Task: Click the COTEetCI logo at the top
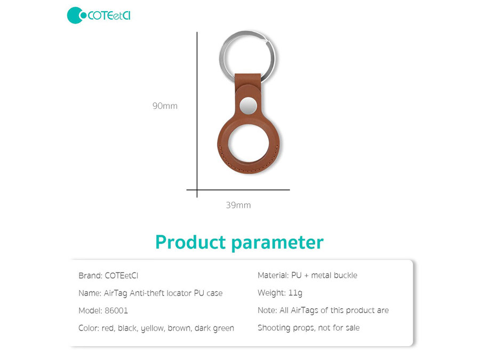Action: pos(99,15)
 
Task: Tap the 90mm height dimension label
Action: pos(165,106)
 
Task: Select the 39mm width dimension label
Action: pos(238,205)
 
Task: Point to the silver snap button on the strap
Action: pos(248,106)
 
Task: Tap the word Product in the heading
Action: pos(190,243)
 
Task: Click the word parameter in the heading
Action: pos(277,243)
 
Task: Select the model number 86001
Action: pos(116,311)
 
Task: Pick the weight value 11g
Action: pos(295,293)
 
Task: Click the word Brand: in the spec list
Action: pos(90,276)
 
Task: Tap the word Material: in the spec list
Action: pos(273,275)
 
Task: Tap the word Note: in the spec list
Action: pos(267,310)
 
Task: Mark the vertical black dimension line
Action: pos(197,115)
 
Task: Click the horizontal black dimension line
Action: pos(238,190)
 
